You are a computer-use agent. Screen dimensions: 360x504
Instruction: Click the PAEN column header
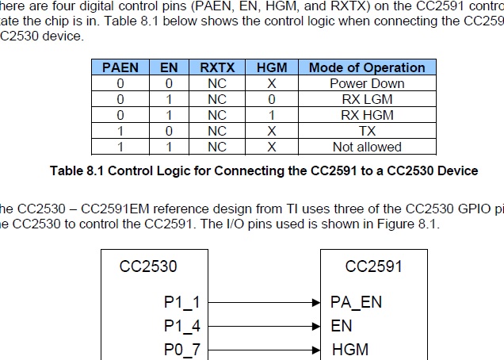click(120, 67)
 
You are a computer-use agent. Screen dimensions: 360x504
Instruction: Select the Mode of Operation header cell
click(367, 67)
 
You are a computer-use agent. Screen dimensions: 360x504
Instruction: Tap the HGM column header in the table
click(272, 67)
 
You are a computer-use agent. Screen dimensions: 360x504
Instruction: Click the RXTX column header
click(217, 67)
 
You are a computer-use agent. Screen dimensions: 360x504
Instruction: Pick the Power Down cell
click(367, 83)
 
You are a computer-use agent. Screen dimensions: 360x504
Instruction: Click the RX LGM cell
click(367, 99)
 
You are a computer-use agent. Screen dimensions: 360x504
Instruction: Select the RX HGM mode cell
click(367, 115)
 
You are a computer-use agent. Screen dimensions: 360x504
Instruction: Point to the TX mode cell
click(367, 131)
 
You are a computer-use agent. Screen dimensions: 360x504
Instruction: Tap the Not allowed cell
click(367, 147)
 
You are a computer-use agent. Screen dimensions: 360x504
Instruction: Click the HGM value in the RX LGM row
click(272, 99)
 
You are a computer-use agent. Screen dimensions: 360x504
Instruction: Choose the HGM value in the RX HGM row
click(272, 115)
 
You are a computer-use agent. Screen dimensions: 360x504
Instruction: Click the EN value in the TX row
click(170, 131)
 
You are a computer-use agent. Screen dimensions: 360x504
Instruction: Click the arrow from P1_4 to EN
click(265, 326)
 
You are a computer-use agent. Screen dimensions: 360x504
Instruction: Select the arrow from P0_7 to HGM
click(265, 350)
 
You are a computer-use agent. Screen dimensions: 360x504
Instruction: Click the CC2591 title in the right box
click(373, 266)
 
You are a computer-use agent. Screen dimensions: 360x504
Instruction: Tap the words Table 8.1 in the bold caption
click(77, 170)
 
